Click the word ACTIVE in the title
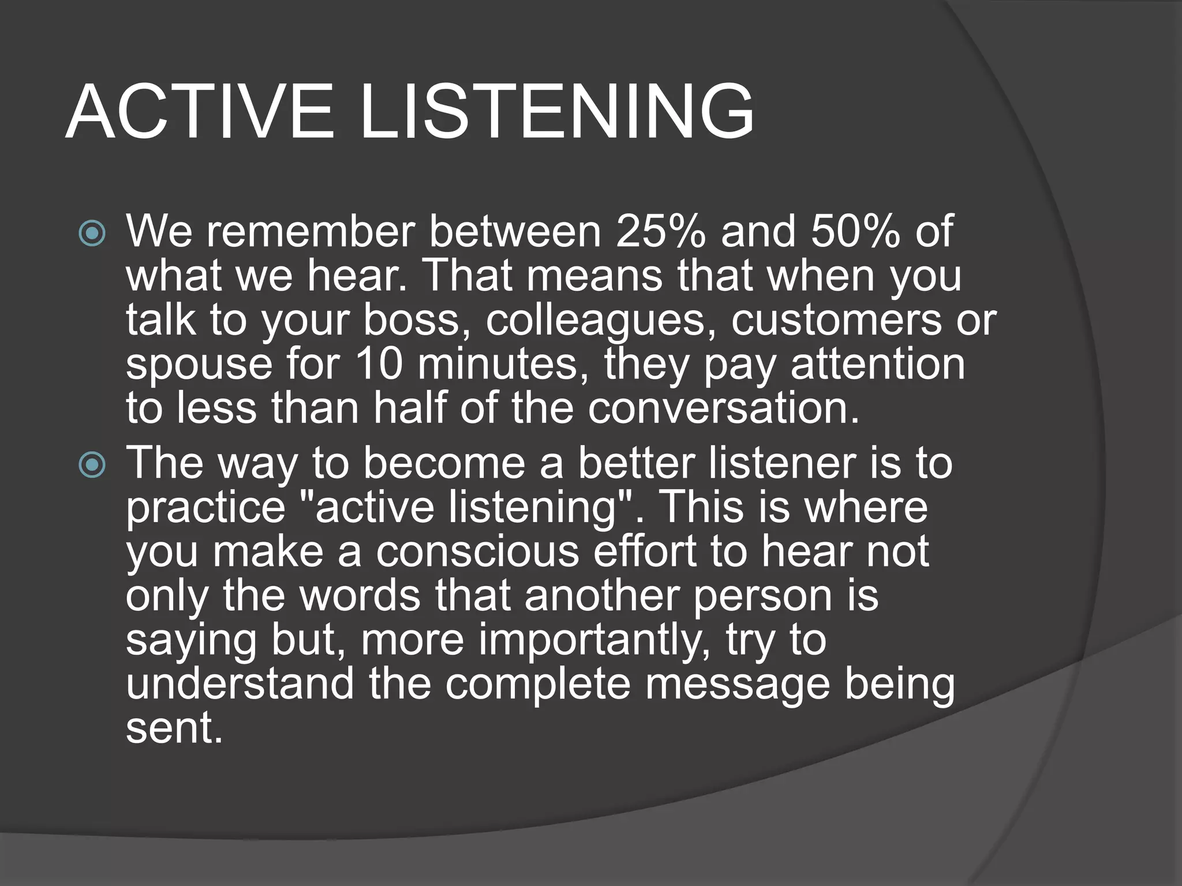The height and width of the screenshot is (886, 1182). (200, 112)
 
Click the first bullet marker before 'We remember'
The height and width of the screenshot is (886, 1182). (92, 234)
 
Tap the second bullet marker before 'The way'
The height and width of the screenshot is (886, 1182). (92, 465)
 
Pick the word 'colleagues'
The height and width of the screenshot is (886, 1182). (601, 321)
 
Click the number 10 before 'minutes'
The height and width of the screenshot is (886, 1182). (378, 365)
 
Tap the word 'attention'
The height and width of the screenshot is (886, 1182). (877, 365)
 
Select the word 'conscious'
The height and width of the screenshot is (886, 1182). (477, 551)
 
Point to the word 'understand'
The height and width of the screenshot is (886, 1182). (240, 684)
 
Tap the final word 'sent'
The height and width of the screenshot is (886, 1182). (173, 728)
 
